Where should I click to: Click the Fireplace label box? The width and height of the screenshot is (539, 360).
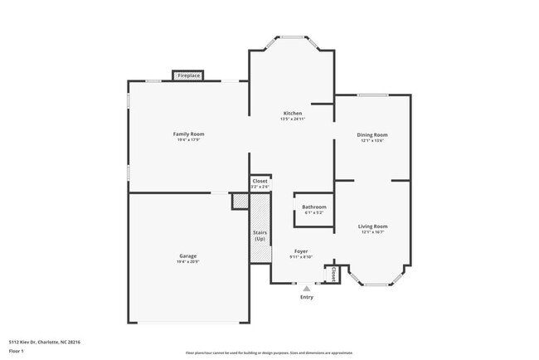[x=188, y=75]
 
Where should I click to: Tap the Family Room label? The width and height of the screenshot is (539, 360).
[x=188, y=134]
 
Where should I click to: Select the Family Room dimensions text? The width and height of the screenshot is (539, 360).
[x=188, y=139]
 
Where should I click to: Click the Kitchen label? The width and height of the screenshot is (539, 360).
[x=293, y=113]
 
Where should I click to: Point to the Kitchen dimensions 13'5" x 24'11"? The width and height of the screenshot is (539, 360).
[x=293, y=119]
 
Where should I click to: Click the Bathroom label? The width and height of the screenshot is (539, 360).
[x=313, y=207]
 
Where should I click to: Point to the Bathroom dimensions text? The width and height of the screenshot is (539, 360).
[x=313, y=212]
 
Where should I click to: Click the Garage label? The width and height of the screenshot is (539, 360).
[x=188, y=255]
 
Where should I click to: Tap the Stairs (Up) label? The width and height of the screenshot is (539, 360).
[x=260, y=236]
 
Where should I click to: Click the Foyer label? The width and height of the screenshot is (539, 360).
[x=301, y=251]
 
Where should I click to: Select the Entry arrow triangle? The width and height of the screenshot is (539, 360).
[x=307, y=289]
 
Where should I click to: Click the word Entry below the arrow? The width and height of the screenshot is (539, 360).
[x=307, y=297]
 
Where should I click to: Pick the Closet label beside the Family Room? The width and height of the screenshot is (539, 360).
[x=260, y=181]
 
